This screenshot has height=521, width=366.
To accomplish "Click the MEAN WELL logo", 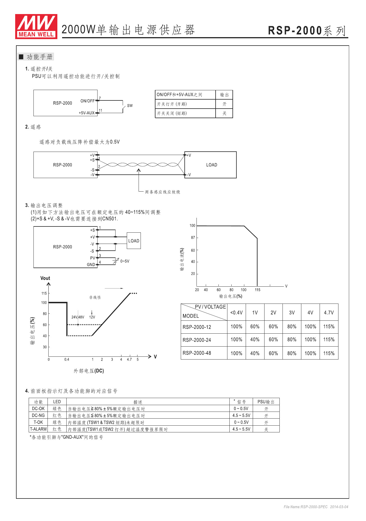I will (x=36, y=26).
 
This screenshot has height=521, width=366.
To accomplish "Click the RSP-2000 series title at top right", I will (x=307, y=30).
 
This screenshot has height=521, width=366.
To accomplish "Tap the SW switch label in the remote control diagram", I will (x=130, y=105).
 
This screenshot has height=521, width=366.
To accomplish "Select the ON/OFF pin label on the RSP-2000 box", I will (x=87, y=101).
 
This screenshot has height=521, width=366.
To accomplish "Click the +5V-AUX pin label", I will (x=87, y=113).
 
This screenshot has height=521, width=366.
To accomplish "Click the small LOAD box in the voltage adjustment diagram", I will (x=134, y=241).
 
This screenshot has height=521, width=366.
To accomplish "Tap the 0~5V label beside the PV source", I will (x=125, y=261).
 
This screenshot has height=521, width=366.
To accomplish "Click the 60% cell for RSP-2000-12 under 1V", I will (x=255, y=327).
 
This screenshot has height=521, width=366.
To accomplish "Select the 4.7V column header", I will (x=329, y=313).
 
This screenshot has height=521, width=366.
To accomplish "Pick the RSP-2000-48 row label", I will (x=197, y=353).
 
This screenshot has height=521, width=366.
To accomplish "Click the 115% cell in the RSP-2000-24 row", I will (x=329, y=340).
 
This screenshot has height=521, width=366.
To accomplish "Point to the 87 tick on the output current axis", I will (x=193, y=238).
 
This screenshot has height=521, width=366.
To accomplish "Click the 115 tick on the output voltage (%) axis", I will (x=257, y=290).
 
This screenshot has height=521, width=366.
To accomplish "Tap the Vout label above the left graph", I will (x=45, y=278).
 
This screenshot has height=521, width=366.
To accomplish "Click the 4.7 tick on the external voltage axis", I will (x=129, y=360).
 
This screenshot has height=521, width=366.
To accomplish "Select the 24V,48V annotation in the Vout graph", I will (x=78, y=317).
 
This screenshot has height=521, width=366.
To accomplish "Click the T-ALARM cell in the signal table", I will (x=38, y=429).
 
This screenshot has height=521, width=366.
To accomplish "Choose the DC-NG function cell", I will (x=38, y=416).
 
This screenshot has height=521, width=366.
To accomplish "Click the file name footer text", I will (x=316, y=507).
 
